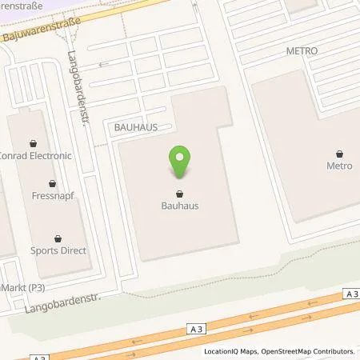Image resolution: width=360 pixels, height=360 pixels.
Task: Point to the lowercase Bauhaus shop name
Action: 180,206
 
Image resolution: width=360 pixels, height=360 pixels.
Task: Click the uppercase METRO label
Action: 302,51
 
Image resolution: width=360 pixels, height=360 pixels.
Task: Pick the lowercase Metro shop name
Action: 339,166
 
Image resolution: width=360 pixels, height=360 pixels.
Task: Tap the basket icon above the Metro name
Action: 340,154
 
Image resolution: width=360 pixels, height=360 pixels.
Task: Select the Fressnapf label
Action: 53,195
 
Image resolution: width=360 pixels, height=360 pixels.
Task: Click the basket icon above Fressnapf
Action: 53,183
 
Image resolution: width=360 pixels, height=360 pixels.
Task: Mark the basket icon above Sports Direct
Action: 58,238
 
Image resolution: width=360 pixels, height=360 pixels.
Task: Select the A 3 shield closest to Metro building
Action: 352,294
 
